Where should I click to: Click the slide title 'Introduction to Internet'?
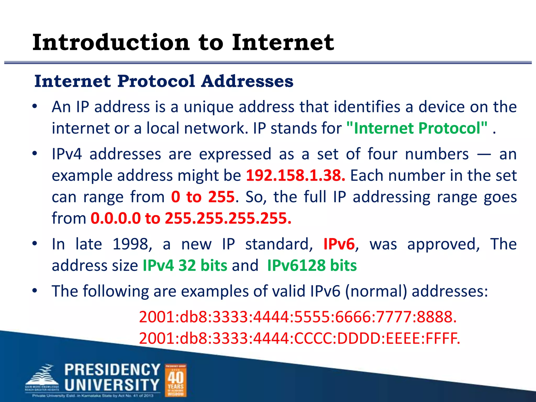pos(183,42)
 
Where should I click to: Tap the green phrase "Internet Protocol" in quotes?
pos(417,128)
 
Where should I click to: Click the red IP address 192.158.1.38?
pos(295,175)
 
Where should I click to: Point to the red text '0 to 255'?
pos(203,197)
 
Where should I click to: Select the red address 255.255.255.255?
pos(228,218)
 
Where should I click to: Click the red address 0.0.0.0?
pos(115,218)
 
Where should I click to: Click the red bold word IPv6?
pos(339,244)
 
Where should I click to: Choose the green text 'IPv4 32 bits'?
pos(185,265)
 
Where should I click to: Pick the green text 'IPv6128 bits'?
pos(312,265)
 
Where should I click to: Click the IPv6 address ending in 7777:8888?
pos(298,317)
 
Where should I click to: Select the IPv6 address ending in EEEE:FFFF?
pos(299,338)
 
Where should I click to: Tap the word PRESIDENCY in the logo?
pos(112,370)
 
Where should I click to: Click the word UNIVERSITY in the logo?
pos(112,385)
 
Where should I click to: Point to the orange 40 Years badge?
pos(176,380)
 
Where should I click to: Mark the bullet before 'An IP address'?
pos(35,107)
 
